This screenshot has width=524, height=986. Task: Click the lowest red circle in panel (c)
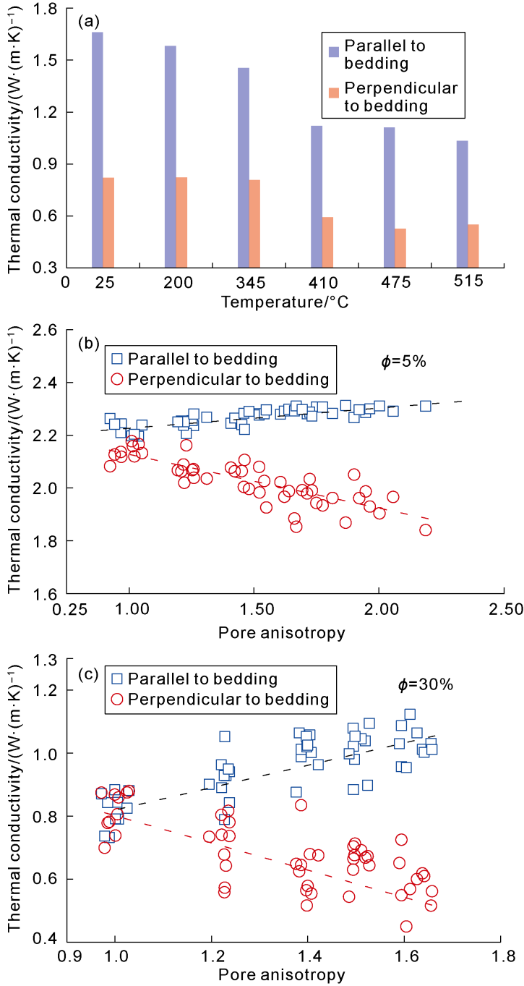pos(406,926)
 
